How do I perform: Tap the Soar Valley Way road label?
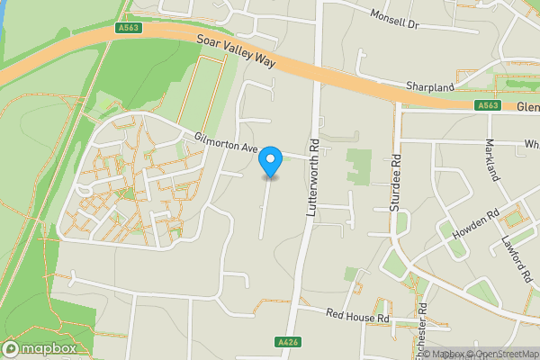[236, 52]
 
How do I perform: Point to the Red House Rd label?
[356, 318]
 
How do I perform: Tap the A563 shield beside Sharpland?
[489, 105]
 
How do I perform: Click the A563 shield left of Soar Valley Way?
[130, 28]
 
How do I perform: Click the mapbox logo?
[39, 348]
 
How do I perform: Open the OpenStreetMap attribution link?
[503, 354]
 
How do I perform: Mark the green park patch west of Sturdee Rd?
[358, 166]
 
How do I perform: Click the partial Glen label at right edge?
[528, 106]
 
